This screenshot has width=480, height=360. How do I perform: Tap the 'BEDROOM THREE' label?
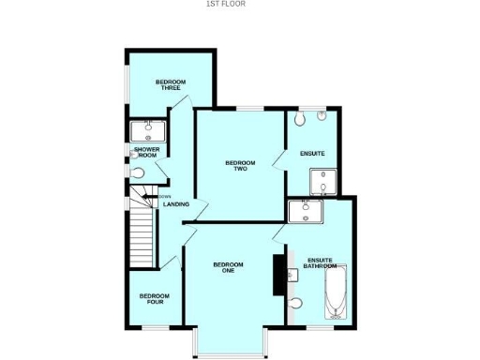tap(170, 84)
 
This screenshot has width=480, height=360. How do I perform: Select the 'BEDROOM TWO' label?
tap(240, 166)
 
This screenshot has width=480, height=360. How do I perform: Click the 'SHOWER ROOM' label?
tap(147, 152)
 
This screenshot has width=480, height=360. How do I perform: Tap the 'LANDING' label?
tap(176, 204)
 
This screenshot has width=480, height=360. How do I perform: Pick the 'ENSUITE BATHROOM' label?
tap(321, 263)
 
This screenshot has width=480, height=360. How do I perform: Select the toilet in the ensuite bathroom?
tap(297, 303)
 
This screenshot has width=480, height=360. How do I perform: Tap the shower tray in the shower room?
tap(147, 129)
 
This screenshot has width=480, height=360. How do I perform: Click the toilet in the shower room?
tap(138, 172)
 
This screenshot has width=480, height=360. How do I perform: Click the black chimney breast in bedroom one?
tap(278, 275)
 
